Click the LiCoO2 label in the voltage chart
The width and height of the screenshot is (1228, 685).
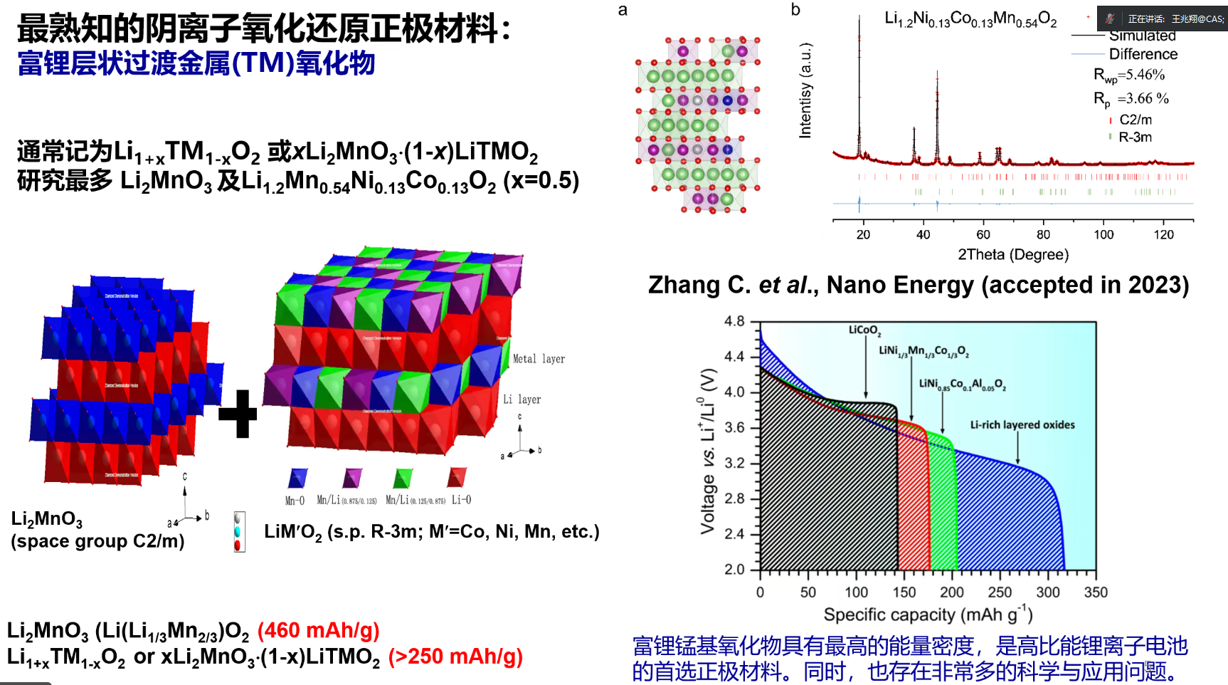pos(864,330)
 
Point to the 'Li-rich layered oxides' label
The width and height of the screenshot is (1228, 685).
pos(1022,425)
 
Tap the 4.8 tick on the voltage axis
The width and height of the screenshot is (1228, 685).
pos(734,321)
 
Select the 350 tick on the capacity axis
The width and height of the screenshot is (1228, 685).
pos(1096,592)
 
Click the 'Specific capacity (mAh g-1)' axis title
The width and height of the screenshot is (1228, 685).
pos(928,614)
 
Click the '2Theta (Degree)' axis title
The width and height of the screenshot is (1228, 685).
pos(1013,255)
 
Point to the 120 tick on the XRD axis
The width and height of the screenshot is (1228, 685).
pos(1164,235)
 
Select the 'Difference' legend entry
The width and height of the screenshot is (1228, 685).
pos(1143,54)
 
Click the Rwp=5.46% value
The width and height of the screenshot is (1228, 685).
pos(1129,75)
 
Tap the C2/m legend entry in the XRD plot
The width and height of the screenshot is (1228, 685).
pos(1136,120)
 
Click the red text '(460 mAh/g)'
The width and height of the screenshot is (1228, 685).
pos(318,631)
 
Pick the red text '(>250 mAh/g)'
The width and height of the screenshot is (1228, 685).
pos(455,657)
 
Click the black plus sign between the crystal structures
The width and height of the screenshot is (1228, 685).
pos(238,414)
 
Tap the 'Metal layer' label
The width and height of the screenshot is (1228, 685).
pos(539,359)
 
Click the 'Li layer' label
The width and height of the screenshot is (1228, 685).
pos(522,399)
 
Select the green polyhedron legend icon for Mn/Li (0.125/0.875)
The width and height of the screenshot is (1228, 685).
pos(403,478)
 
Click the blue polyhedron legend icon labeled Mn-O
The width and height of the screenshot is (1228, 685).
pos(297,478)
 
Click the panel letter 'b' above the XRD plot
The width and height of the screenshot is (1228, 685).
pos(795,10)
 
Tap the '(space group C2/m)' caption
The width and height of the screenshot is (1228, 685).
pos(97,541)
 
